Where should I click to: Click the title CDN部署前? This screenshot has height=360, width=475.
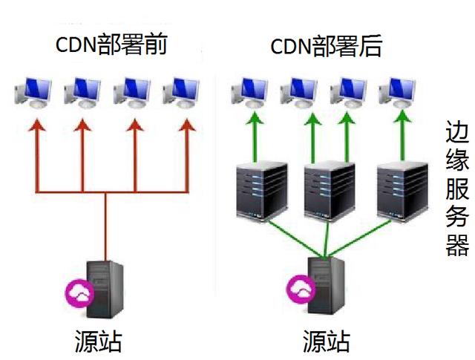[x=112, y=46]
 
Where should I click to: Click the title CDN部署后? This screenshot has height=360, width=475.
[x=326, y=46]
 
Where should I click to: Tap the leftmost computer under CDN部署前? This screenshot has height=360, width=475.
[x=33, y=94]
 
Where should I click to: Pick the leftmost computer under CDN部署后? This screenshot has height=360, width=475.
[x=249, y=94]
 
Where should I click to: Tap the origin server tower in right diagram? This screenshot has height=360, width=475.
[x=324, y=286]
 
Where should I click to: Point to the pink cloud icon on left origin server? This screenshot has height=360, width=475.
[x=80, y=293]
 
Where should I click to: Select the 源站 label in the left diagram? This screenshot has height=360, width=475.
[x=98, y=341]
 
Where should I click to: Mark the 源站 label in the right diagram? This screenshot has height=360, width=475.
[x=326, y=341]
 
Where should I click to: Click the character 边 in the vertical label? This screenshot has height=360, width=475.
[x=456, y=134]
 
